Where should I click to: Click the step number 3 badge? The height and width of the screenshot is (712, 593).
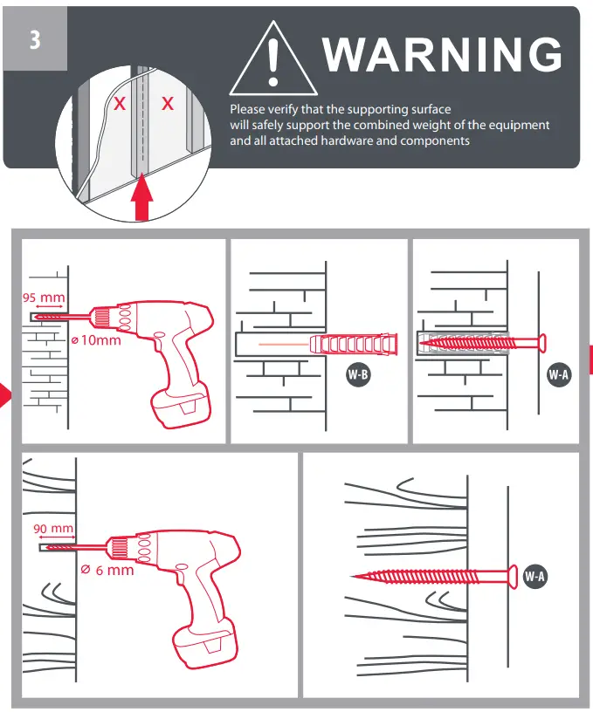(x=35, y=39)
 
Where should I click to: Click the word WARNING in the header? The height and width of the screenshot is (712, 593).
(x=442, y=54)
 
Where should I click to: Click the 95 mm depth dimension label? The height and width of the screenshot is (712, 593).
(x=44, y=298)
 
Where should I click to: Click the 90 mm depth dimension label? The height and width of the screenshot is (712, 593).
(x=53, y=529)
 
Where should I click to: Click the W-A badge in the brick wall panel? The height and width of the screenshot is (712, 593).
(x=559, y=376)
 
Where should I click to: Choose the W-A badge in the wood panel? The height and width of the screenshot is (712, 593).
(x=535, y=576)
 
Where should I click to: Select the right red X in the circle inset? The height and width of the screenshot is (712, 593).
(x=168, y=104)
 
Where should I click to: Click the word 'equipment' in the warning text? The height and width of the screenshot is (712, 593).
(x=516, y=125)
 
